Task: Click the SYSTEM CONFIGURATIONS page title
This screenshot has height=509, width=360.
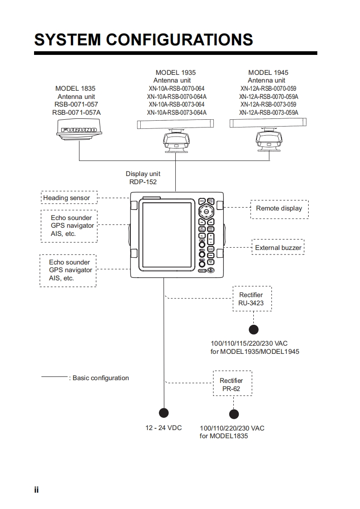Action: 143,39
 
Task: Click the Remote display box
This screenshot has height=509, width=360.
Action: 279,209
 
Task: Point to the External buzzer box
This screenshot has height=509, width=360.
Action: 278,248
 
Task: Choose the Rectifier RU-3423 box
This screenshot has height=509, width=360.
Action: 252,299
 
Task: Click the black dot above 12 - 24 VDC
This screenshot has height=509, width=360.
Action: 163,412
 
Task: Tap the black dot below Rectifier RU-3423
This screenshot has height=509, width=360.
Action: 253,329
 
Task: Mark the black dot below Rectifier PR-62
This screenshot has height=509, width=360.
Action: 234,414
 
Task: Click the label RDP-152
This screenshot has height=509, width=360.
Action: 143,182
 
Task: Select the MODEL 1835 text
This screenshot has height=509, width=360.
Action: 75,88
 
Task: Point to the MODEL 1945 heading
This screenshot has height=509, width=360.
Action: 268,73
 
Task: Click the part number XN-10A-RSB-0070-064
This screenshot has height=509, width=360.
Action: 177,88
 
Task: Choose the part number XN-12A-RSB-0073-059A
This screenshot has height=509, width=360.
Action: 269,113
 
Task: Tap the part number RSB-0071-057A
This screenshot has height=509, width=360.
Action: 77,113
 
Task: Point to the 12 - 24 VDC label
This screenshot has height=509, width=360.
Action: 163,428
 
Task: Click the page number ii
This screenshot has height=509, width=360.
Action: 36,490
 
